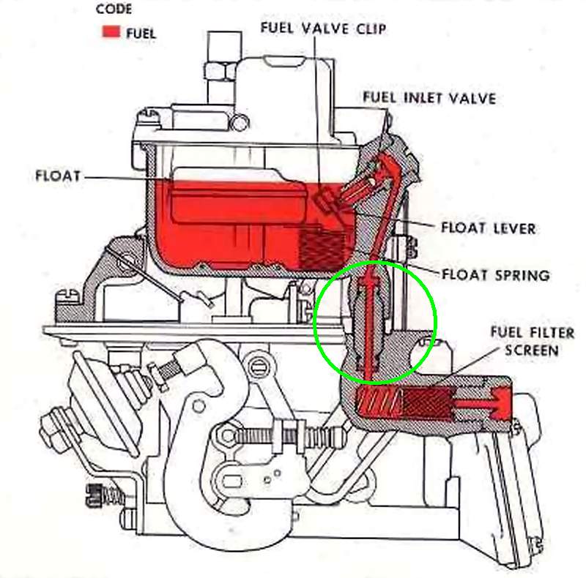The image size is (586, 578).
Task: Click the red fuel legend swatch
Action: pos(111,31)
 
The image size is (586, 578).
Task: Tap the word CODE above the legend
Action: pos(114,9)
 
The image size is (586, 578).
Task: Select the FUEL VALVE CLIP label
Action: pos(323,29)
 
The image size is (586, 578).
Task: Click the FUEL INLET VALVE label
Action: pos(429,98)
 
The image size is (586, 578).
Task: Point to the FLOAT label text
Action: pos(58,176)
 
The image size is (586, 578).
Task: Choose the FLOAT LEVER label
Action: pos(489,228)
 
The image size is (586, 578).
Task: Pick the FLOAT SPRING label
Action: pos(496,275)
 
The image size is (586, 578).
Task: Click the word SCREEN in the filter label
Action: pos(532,350)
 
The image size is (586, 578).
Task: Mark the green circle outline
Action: pos(375,261)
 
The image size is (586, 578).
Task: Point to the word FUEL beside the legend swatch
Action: pos(141,34)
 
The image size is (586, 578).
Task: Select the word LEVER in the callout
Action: pos(514,228)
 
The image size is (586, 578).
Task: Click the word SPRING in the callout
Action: pos(522,275)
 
